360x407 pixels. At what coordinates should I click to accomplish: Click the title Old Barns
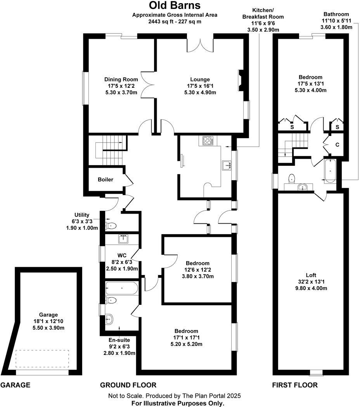175,5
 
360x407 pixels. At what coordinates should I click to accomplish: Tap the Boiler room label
105,180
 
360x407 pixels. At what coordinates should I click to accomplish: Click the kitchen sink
226,165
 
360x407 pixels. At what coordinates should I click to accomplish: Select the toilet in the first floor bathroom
292,178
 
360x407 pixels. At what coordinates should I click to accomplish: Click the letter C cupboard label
337,145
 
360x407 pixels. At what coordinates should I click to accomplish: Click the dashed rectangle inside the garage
42,359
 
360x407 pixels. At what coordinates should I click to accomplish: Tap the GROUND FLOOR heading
128,385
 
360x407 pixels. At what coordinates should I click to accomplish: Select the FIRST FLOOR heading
294,385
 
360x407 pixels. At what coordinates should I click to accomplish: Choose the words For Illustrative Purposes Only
178,403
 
